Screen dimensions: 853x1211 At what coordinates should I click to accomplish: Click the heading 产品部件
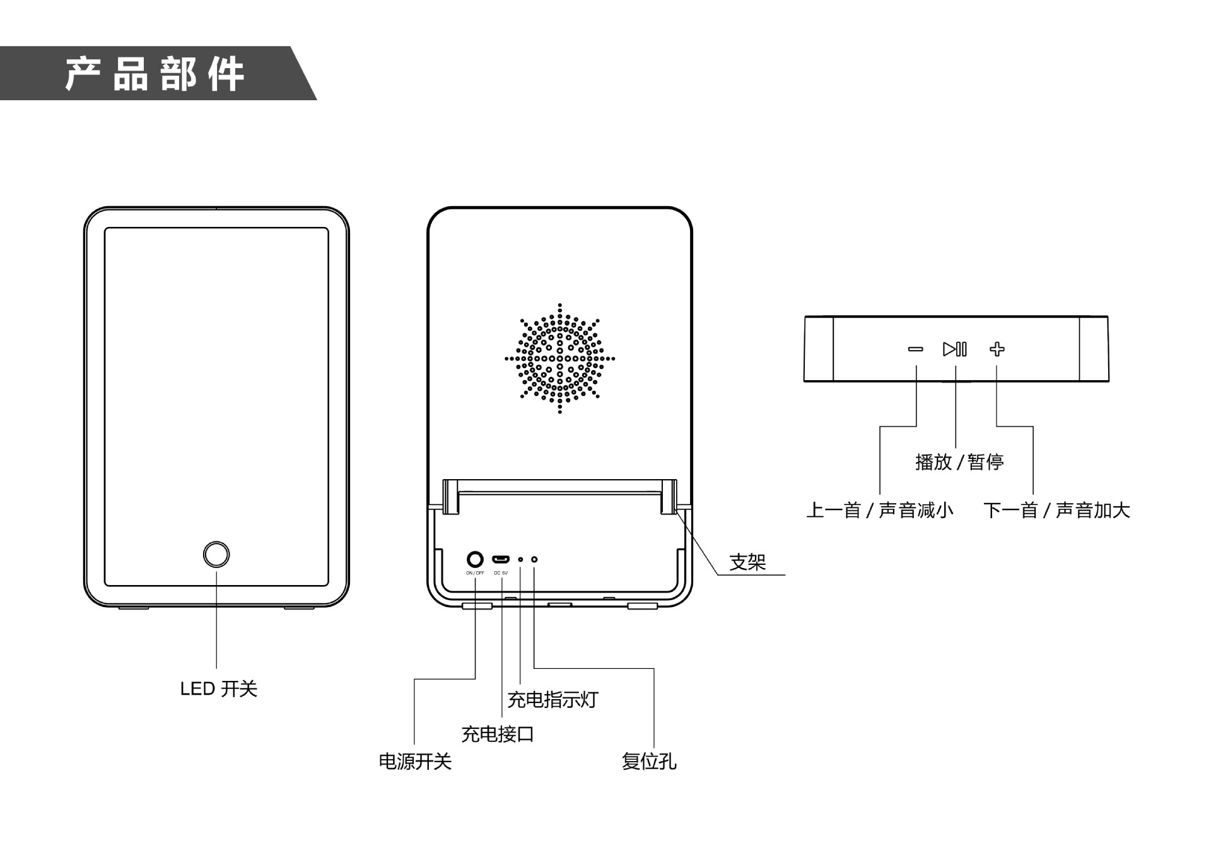155,74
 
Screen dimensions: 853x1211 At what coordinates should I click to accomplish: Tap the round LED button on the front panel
216,554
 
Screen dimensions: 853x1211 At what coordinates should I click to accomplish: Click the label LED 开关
218,689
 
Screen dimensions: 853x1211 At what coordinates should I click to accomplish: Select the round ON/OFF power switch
475,559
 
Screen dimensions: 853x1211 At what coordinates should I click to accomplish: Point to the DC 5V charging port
501,559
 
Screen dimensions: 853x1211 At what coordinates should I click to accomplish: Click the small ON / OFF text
475,573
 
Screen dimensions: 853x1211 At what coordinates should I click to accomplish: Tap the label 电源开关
415,762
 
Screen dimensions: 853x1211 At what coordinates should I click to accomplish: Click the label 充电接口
498,734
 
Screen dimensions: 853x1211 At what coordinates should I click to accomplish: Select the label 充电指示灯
553,700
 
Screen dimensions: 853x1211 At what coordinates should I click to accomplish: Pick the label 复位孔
649,762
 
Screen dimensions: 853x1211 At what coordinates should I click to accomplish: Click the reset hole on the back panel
534,559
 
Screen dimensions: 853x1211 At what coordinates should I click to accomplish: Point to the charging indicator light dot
520,559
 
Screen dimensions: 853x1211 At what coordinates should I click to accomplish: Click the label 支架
747,562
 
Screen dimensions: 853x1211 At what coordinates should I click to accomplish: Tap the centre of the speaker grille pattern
559,359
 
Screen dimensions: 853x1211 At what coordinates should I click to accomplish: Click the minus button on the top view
916,349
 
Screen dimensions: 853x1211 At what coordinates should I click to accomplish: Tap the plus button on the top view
997,349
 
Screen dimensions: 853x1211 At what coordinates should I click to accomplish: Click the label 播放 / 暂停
959,462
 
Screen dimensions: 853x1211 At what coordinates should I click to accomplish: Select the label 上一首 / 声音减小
880,510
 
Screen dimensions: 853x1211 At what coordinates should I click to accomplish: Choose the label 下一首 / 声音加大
1056,510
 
